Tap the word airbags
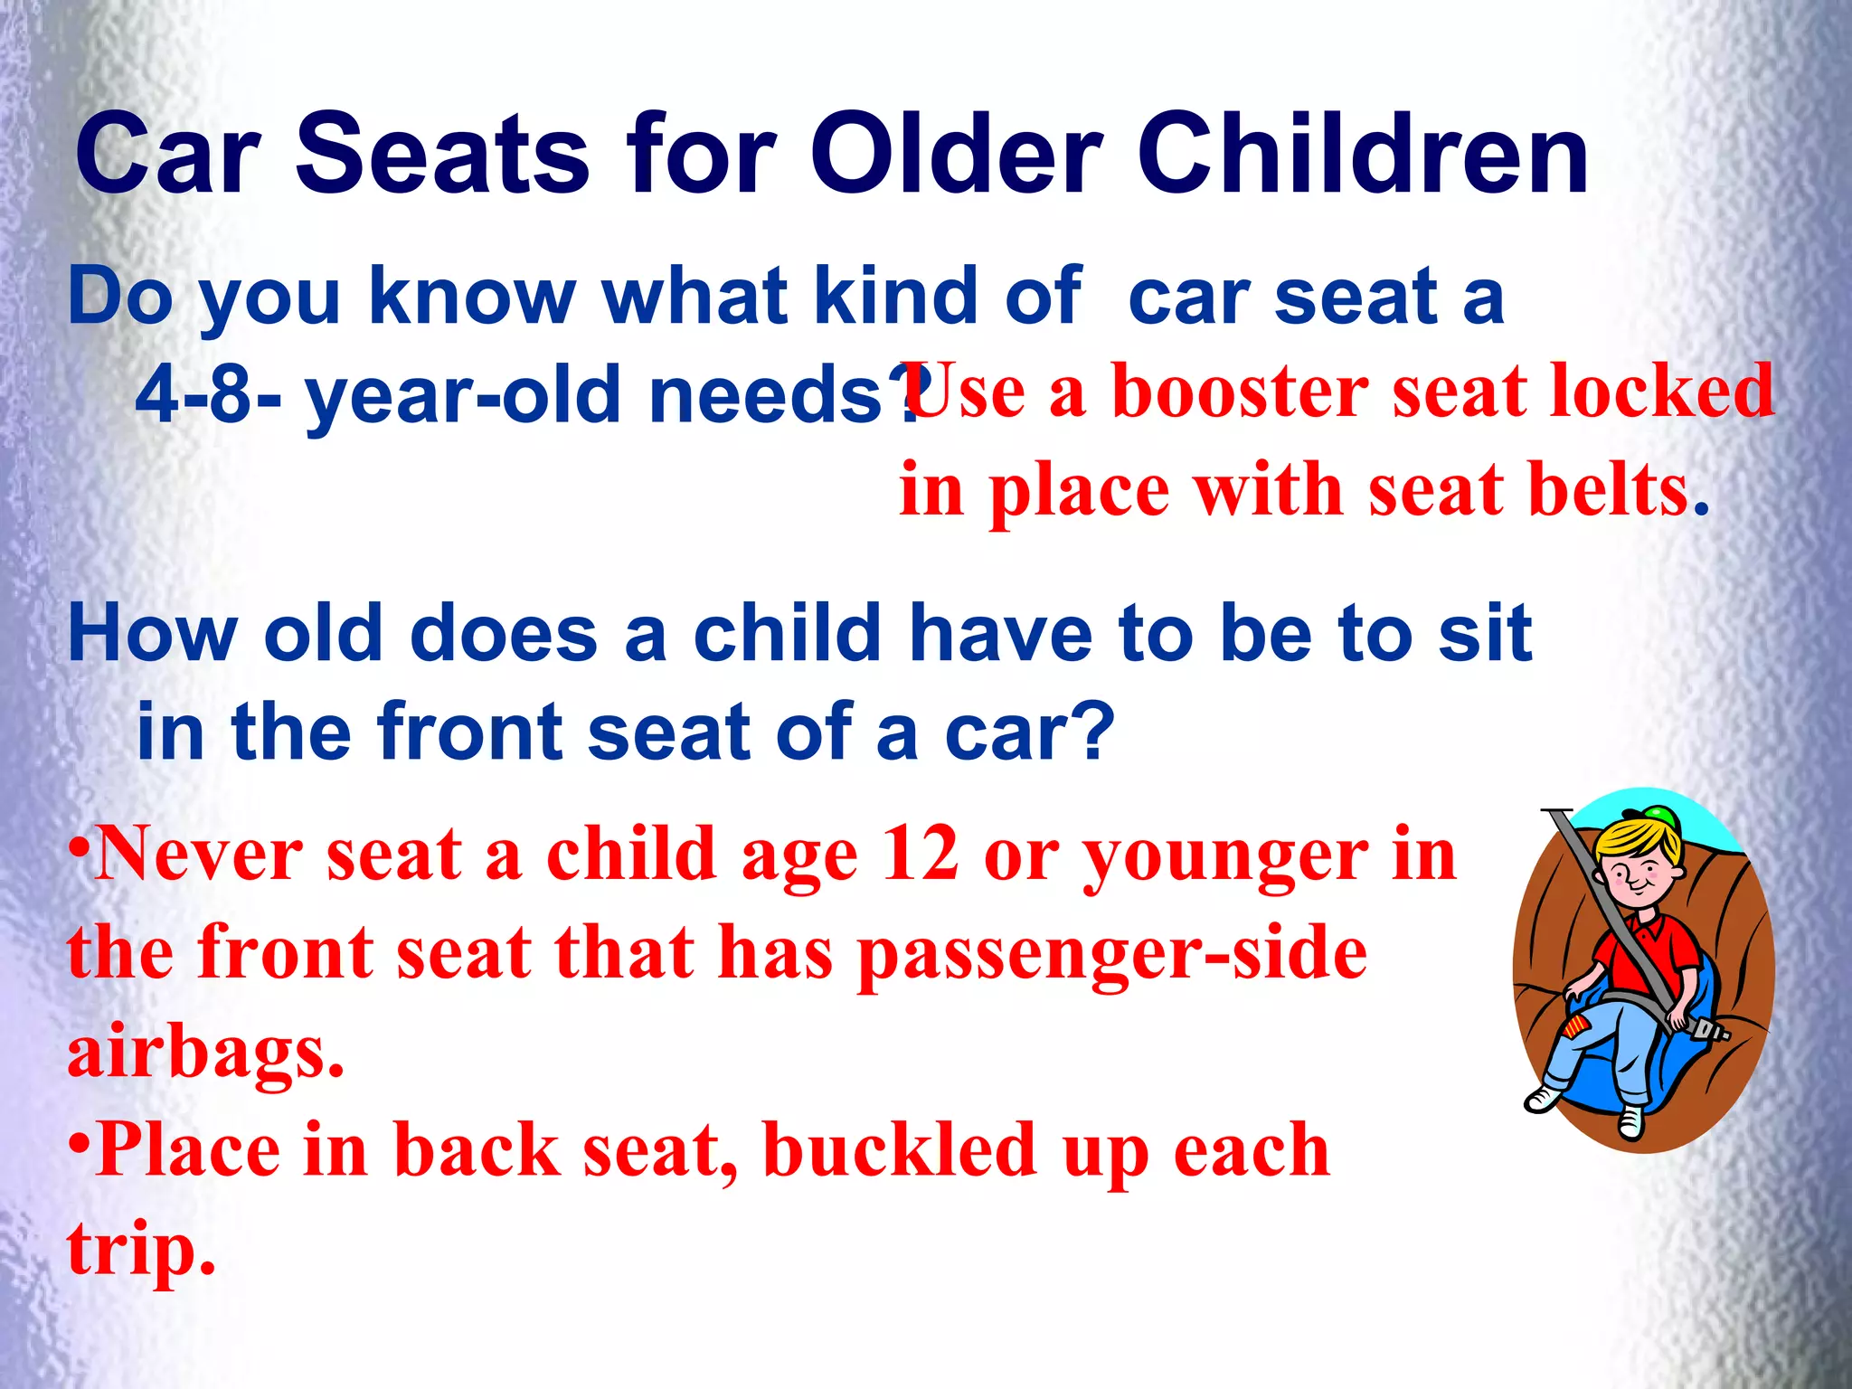pos(205,1053)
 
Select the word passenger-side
pos(1112,955)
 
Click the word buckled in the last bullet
pos(899,1150)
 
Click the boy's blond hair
pos(1628,841)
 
